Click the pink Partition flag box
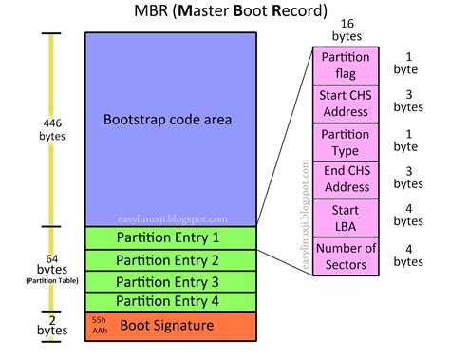(x=346, y=65)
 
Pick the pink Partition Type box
(x=346, y=141)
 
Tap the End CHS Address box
(x=346, y=179)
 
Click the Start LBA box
(x=346, y=217)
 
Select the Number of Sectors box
(x=346, y=256)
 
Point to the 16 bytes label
(x=346, y=28)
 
